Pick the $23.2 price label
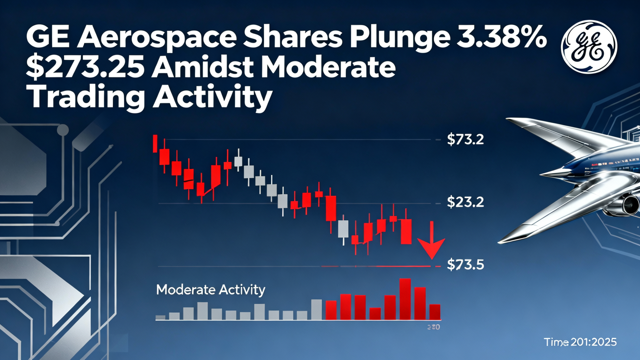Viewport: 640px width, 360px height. (465, 203)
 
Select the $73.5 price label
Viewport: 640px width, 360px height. (465, 265)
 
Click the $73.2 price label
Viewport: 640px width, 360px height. (465, 140)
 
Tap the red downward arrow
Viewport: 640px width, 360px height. (431, 245)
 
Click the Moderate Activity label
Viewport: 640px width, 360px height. (210, 290)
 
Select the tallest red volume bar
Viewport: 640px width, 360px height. (405, 299)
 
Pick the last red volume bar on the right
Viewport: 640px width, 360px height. (434, 311)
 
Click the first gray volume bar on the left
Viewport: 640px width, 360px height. (160, 317)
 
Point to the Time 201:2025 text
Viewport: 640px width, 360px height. (580, 342)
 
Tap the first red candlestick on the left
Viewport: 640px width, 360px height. (155, 143)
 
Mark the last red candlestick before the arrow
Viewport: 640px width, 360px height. (406, 231)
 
